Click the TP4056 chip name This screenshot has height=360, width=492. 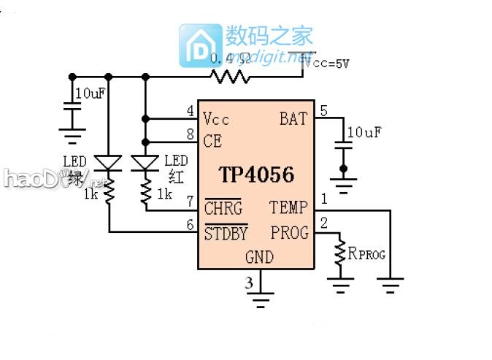(256, 175)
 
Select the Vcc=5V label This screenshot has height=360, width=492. (327, 64)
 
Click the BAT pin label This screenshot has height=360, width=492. (293, 118)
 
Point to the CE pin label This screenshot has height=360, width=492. (212, 142)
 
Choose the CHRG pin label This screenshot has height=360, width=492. (223, 209)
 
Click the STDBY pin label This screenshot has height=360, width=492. (226, 234)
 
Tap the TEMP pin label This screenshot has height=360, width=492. (289, 208)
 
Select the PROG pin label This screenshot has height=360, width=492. (290, 233)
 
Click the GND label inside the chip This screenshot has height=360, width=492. (259, 257)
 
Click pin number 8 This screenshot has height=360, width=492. (190, 134)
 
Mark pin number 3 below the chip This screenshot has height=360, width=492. (250, 282)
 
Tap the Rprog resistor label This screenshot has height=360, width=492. (366, 254)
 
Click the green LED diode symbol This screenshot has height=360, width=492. (109, 162)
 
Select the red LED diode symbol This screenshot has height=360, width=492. (145, 162)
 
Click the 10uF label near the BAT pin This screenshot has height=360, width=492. (364, 132)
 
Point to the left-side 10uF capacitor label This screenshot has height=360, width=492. (89, 94)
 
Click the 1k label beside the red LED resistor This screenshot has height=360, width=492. (164, 194)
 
